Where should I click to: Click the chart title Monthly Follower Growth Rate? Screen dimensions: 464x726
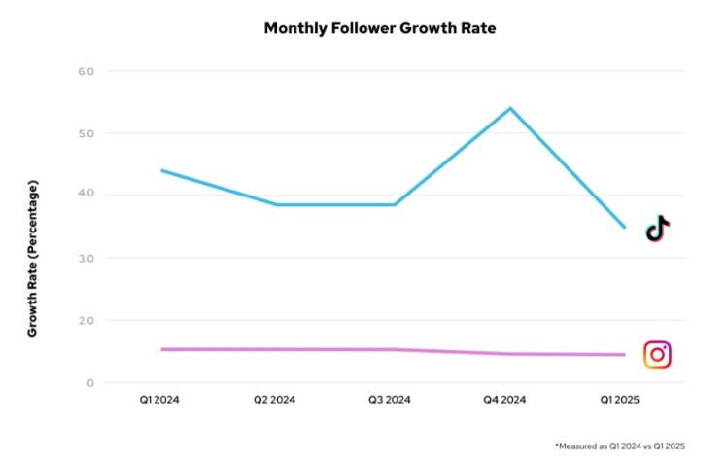tap(380, 28)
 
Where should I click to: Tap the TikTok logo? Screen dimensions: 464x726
tap(658, 229)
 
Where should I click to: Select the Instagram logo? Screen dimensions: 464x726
tap(658, 355)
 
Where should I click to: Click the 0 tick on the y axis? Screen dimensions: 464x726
tap(88, 382)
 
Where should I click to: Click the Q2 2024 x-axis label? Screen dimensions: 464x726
tap(276, 400)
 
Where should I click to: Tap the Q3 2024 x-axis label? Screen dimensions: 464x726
tap(394, 400)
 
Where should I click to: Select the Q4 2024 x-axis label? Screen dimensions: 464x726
tap(510, 400)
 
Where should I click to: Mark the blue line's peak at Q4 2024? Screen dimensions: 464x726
tap(510, 108)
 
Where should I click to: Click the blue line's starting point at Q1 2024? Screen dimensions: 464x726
tap(160, 170)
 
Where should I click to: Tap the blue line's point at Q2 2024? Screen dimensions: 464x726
tap(277, 204)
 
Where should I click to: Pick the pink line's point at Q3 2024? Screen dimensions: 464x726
tap(394, 349)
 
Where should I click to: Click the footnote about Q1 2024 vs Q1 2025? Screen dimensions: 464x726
tap(619, 446)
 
